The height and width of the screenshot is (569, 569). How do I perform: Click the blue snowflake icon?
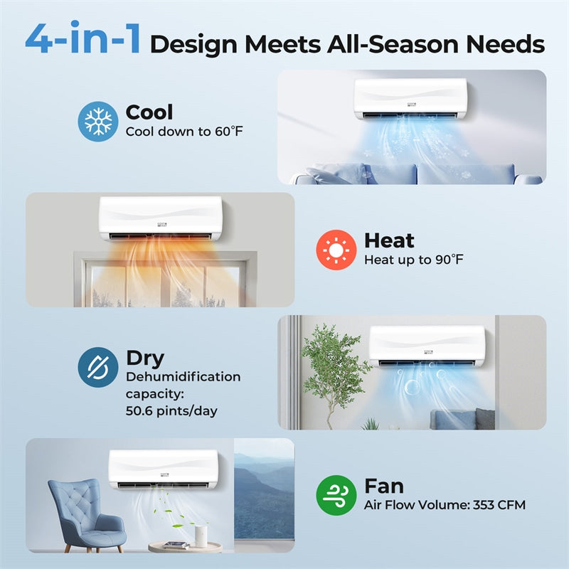click(97, 121)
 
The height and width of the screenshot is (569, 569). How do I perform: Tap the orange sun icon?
click(336, 250)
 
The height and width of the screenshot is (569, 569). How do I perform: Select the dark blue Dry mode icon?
click(97, 367)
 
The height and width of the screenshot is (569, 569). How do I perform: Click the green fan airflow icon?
click(336, 495)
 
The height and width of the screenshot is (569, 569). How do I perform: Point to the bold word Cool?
click(149, 112)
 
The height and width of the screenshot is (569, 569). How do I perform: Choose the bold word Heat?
click(389, 240)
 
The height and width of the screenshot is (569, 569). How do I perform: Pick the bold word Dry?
click(145, 358)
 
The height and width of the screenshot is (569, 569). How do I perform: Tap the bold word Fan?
click(384, 486)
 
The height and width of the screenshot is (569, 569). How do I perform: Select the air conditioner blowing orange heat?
click(160, 218)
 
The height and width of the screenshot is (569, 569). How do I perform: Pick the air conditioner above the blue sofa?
click(410, 99)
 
